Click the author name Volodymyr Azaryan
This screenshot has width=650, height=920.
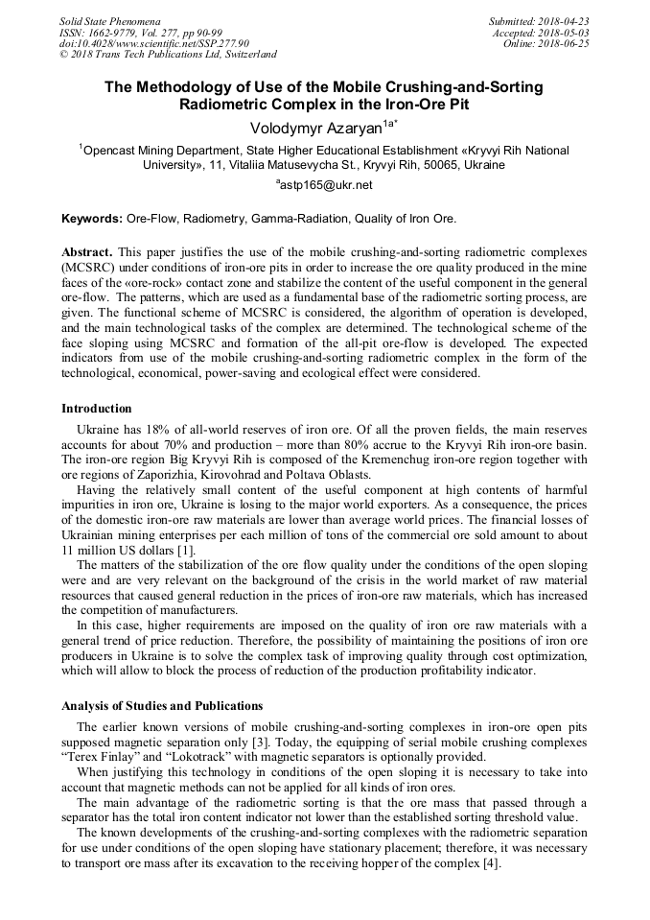point(309,128)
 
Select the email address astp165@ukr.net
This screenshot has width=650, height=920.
point(325,185)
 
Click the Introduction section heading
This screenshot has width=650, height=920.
point(97,409)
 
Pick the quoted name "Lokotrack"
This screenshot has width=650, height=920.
point(207,757)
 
